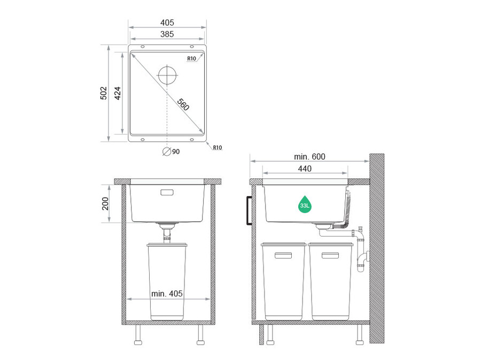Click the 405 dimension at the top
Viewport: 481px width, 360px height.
[167, 22]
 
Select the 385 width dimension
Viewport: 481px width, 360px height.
[167, 34]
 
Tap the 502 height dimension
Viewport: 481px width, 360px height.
[104, 93]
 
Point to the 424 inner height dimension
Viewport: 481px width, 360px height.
[118, 93]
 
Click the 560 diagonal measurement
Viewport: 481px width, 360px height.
[183, 105]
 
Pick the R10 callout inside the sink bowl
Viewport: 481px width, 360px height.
[192, 59]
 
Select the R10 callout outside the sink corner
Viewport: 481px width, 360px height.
[218, 147]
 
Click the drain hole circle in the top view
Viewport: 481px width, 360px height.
[167, 75]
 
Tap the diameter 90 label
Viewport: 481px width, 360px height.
[171, 152]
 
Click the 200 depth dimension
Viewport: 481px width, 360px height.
[105, 204]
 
